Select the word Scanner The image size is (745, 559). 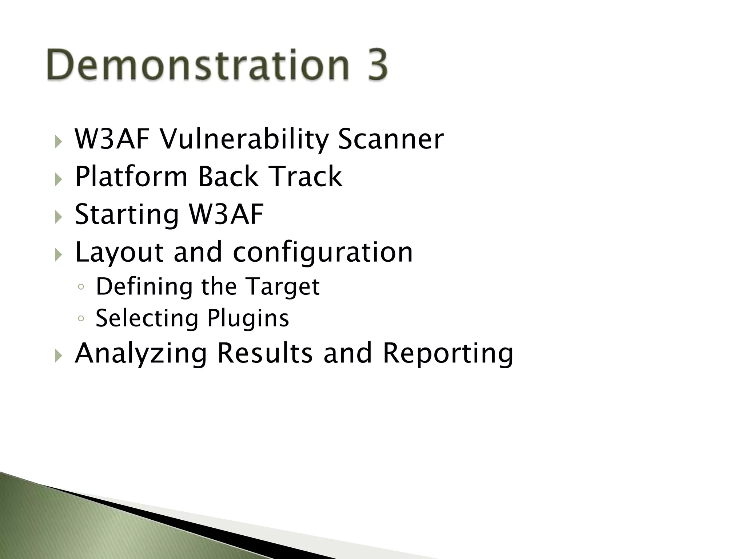[391, 139]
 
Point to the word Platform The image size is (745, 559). [131, 177]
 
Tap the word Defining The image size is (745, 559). [144, 287]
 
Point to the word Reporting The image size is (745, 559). [448, 354]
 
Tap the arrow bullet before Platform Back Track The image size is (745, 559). [59, 179]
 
